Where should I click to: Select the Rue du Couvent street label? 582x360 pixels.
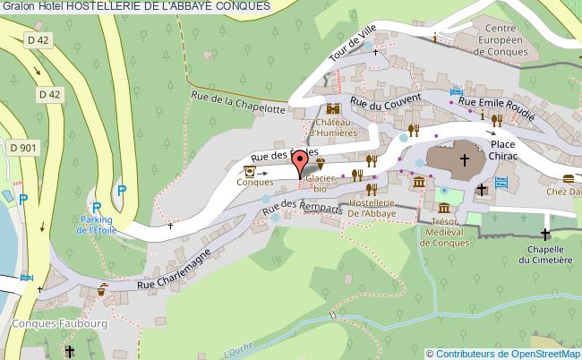(x=384, y=106)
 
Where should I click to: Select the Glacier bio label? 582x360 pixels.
(x=320, y=183)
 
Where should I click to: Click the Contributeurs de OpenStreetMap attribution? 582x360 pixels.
(x=511, y=352)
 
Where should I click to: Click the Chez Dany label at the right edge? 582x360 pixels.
(x=564, y=191)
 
